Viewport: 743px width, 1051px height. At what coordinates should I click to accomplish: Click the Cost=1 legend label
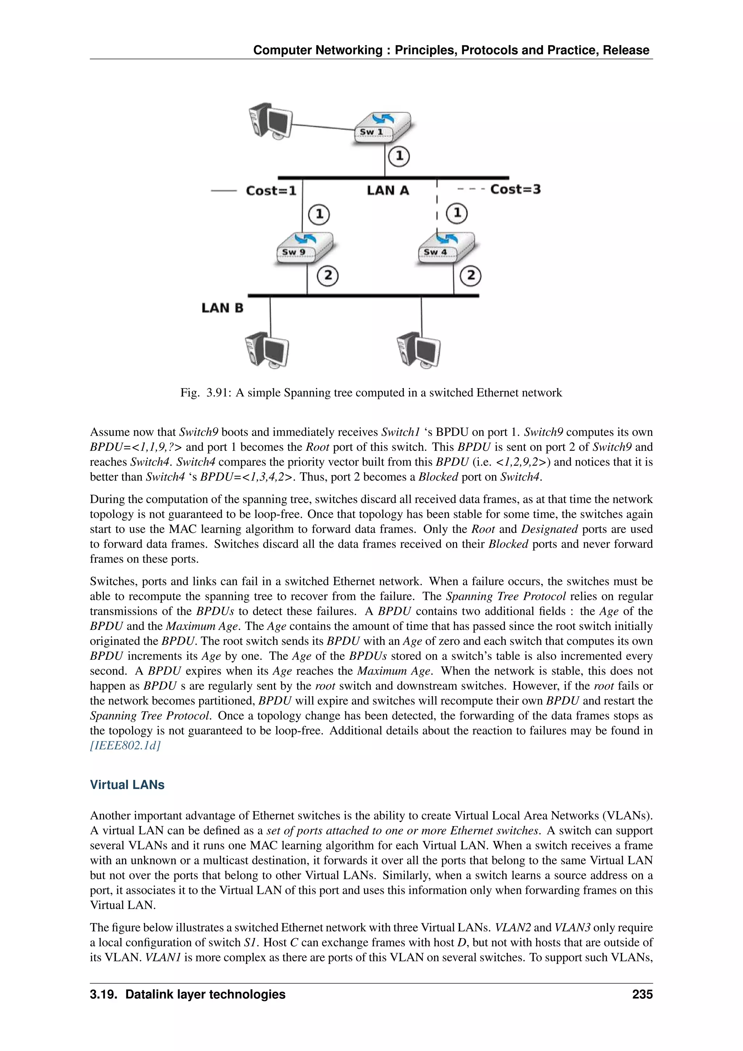pyautogui.click(x=271, y=191)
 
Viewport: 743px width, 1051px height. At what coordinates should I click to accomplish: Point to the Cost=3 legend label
pyautogui.click(x=515, y=189)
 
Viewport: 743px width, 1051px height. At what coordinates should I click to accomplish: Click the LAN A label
pyautogui.click(x=387, y=191)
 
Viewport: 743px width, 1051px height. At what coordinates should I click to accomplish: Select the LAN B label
pyautogui.click(x=222, y=308)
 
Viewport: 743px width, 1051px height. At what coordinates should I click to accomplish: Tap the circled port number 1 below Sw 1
pyautogui.click(x=399, y=156)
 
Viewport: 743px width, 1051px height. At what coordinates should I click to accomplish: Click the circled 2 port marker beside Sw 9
pyautogui.click(x=328, y=276)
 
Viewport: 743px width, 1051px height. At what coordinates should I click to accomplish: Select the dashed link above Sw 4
pyautogui.click(x=438, y=206)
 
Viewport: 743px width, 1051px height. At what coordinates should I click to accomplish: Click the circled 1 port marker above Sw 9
pyautogui.click(x=319, y=214)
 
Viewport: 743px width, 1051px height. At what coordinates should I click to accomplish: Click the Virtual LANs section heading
pyautogui.click(x=127, y=785)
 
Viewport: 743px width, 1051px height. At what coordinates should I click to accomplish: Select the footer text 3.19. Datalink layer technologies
pyautogui.click(x=188, y=994)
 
